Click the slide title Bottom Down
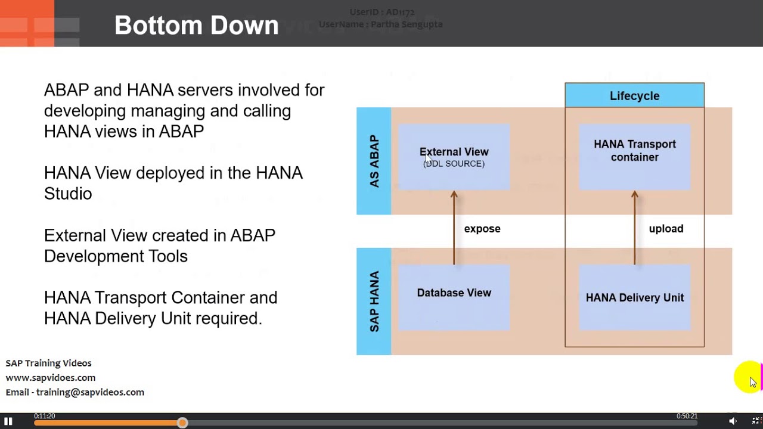pyautogui.click(x=196, y=25)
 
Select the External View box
pyautogui.click(x=454, y=157)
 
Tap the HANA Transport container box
pyautogui.click(x=634, y=157)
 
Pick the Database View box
pyautogui.click(x=454, y=297)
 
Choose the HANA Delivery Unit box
pyautogui.click(x=634, y=297)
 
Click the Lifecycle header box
pyautogui.click(x=634, y=96)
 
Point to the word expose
pyautogui.click(x=482, y=229)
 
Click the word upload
pyautogui.click(x=666, y=229)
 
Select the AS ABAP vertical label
pyautogui.click(x=374, y=161)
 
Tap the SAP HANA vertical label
pyautogui.click(x=374, y=301)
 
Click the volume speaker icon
pyautogui.click(x=733, y=421)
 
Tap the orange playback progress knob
pyautogui.click(x=182, y=422)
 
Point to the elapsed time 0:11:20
pyautogui.click(x=45, y=416)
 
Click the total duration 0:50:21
pyautogui.click(x=687, y=416)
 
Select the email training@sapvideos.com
pyautogui.click(x=90, y=392)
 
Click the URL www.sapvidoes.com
pyautogui.click(x=51, y=378)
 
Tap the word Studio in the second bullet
pyautogui.click(x=68, y=194)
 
